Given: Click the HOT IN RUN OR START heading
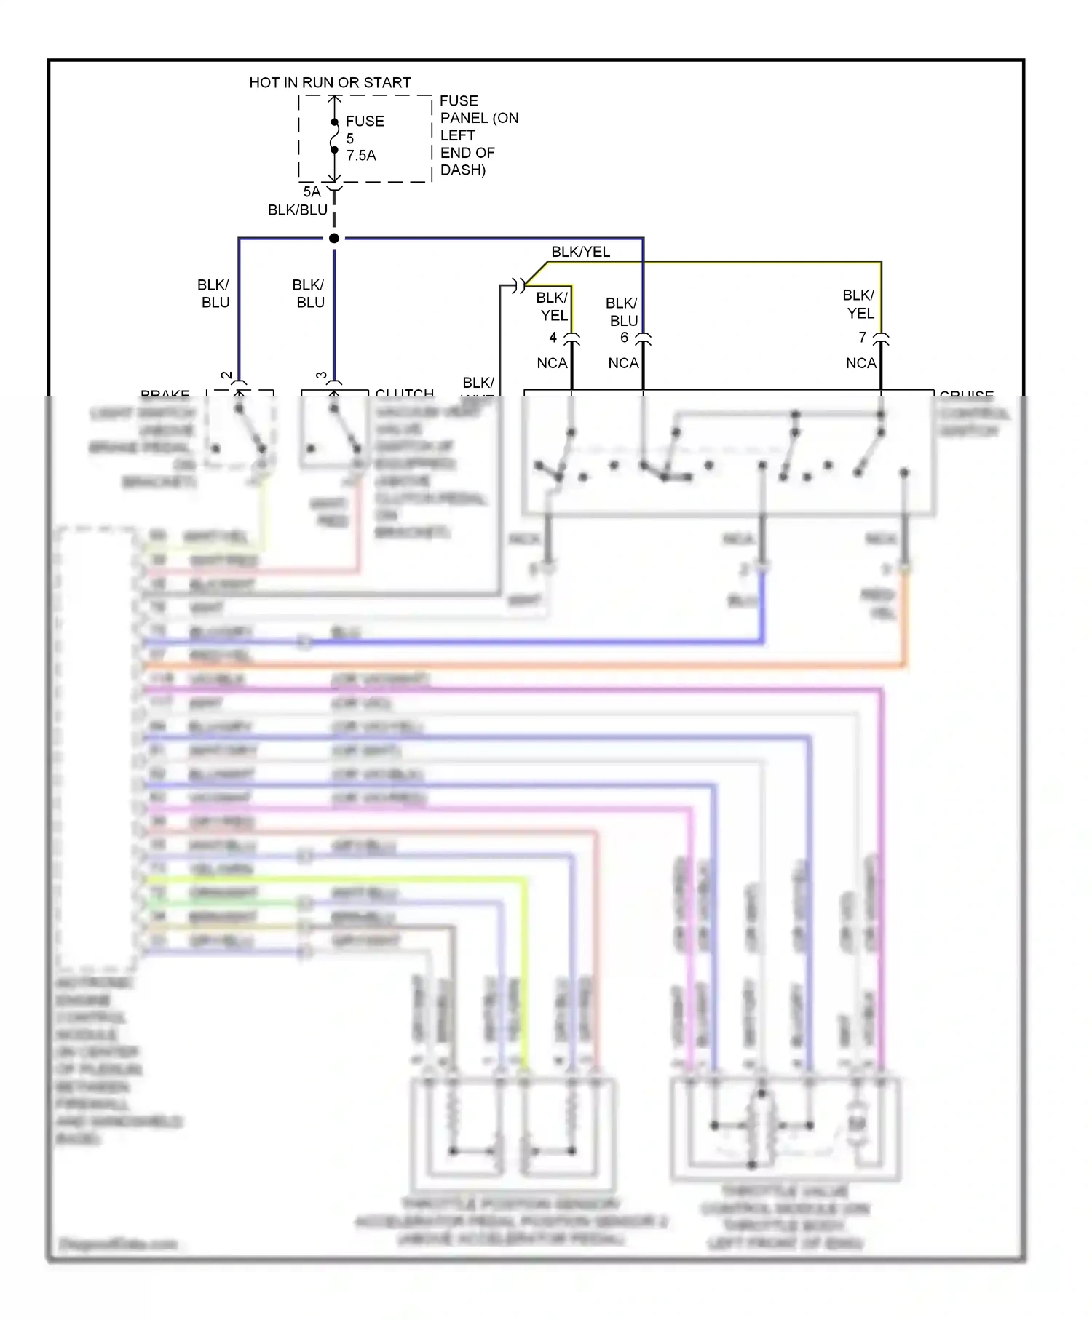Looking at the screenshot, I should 330,83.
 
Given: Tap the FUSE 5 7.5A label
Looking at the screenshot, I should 364,138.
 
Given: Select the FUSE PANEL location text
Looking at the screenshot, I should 478,135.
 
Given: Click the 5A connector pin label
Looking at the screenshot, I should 312,192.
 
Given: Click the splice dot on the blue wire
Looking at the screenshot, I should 334,239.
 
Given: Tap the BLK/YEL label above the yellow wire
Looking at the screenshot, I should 580,253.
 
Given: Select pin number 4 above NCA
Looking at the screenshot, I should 553,338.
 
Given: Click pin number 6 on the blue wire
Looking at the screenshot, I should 624,338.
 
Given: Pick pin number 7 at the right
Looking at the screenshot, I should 863,338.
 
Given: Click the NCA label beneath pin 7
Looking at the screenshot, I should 860,363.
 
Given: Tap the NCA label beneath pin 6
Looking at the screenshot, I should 623,363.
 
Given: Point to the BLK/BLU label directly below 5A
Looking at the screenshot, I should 297,210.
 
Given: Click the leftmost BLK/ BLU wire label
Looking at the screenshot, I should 214,294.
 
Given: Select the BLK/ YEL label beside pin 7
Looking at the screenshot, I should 859,304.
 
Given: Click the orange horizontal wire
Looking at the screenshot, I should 524,666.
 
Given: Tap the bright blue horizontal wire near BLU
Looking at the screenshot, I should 524,642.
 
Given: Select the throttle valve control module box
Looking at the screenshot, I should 786,1128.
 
